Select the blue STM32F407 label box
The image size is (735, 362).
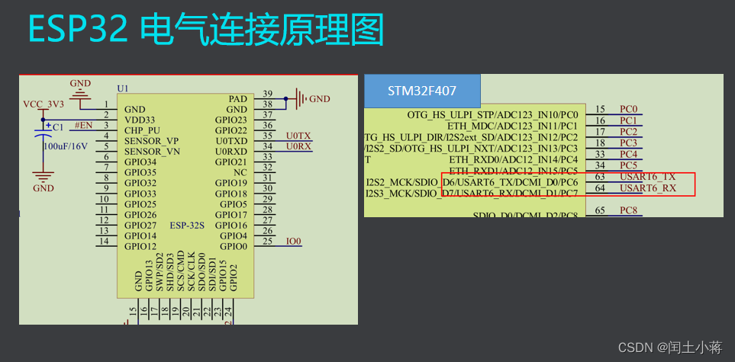pyautogui.click(x=422, y=91)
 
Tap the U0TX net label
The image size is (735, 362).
pyautogui.click(x=298, y=135)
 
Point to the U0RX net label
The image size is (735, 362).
pyautogui.click(x=298, y=146)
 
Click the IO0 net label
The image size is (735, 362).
pyautogui.click(x=294, y=242)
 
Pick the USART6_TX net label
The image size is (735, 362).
pyautogui.click(x=647, y=177)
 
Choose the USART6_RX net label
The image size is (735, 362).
pyautogui.click(x=647, y=188)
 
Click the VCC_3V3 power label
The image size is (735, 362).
pyautogui.click(x=43, y=104)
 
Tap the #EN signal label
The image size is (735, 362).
pyautogui.click(x=83, y=125)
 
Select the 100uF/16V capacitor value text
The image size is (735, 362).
pyautogui.click(x=65, y=146)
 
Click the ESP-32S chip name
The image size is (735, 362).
pyautogui.click(x=188, y=226)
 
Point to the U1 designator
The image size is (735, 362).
pyautogui.click(x=123, y=88)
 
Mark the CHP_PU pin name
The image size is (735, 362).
pyautogui.click(x=143, y=130)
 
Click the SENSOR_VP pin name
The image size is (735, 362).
pyautogui.click(x=151, y=141)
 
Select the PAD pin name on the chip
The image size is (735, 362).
pyautogui.click(x=237, y=99)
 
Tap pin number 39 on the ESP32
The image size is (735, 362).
pyautogui.click(x=267, y=94)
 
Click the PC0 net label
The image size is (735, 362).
pyautogui.click(x=628, y=110)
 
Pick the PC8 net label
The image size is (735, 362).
pyautogui.click(x=628, y=210)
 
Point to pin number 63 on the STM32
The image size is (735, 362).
pyautogui.click(x=600, y=177)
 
